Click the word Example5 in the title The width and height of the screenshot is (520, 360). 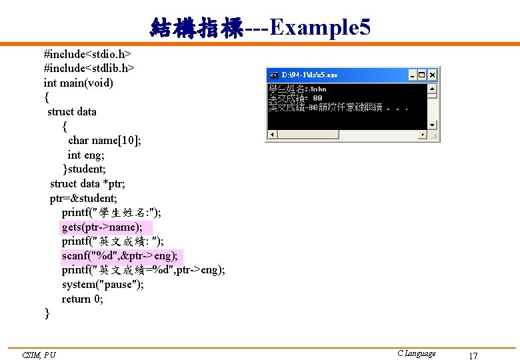[320, 28]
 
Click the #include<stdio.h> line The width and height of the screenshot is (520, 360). [87, 53]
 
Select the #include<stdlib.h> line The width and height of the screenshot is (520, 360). [89, 68]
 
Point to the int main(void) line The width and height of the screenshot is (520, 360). [79, 83]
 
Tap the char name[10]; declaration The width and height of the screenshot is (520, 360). [104, 140]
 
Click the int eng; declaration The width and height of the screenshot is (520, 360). [84, 155]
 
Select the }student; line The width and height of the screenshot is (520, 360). [85, 169]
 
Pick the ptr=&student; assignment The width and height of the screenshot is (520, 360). [83, 198]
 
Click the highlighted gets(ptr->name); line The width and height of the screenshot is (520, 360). [102, 227]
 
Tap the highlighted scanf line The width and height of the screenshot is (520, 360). [120, 255]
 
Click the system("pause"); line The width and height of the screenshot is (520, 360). [103, 285]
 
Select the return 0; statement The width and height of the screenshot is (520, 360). [83, 299]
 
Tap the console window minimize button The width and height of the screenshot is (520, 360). [413, 75]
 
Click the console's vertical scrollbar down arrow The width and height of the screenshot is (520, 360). [433, 124]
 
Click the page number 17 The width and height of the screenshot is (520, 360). [473, 355]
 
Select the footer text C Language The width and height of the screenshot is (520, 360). [416, 353]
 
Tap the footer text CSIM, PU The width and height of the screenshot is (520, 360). [39, 355]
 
